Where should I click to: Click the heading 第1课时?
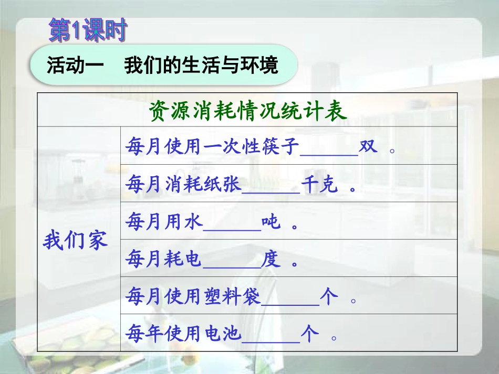coord(88,31)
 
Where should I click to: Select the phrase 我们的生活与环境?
coord(201,66)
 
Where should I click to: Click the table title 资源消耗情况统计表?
coord(248,111)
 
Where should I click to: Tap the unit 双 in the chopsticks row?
coord(368,147)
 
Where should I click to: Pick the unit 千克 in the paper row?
coord(320,185)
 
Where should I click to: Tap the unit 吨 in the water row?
coord(271,222)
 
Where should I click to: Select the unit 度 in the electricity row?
coord(271,260)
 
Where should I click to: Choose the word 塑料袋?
coord(242,297)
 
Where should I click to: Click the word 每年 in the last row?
coord(144,334)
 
